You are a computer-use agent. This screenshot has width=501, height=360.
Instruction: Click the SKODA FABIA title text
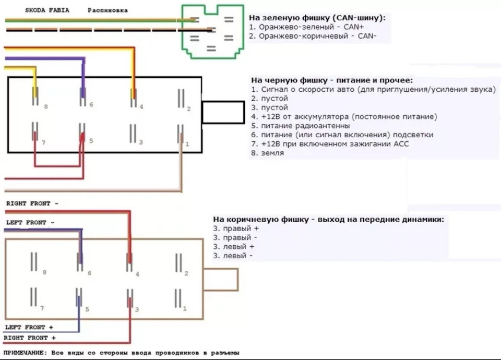[x=49, y=10]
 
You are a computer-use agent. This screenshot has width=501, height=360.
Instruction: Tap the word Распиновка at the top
[x=108, y=10]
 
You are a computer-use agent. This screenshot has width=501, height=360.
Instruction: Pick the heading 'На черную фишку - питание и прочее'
[x=331, y=80]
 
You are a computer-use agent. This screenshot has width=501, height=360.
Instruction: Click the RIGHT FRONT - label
[x=32, y=203]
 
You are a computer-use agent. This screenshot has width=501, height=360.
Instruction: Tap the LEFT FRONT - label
[x=30, y=223]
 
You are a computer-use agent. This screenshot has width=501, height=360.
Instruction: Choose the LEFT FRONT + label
[x=30, y=327]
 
